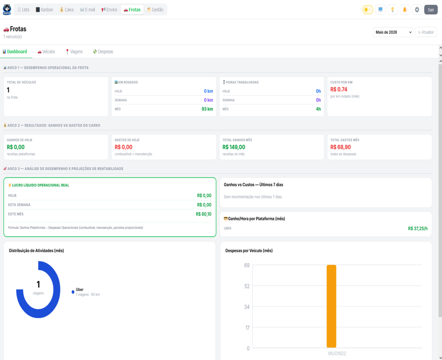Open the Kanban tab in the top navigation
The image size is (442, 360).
point(44,9)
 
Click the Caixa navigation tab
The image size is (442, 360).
point(66,9)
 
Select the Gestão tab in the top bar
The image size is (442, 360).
point(155,9)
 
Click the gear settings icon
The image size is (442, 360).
point(417,9)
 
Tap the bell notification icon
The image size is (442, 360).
point(404,9)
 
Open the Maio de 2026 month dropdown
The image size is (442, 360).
point(393,32)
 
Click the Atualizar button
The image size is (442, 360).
point(426,32)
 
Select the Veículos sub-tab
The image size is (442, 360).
point(46,52)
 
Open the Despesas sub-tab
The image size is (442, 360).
point(103,52)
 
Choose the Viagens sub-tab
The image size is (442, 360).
point(74,52)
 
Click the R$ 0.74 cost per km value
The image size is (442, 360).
point(339,89)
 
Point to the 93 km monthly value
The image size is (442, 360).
point(207,109)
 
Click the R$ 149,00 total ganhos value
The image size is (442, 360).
point(234,147)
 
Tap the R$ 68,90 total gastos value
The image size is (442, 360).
point(340,147)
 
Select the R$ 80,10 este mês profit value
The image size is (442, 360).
point(203,214)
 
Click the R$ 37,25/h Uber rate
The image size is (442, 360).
point(418,229)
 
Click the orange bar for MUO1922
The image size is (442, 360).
point(331,306)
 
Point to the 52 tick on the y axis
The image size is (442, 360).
point(247,286)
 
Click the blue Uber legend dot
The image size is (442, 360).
point(73,292)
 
